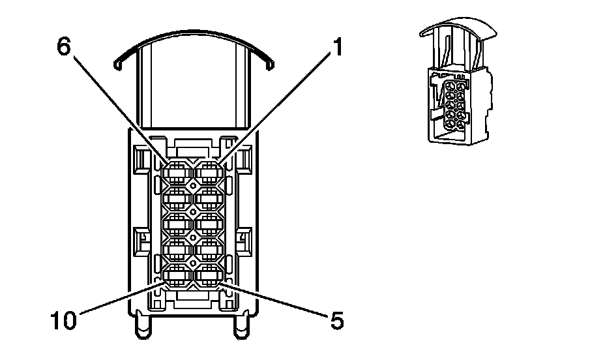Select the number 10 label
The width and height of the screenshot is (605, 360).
(x=65, y=320)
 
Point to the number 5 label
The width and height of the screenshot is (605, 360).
(x=335, y=320)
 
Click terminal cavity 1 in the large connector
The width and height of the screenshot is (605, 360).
(x=209, y=173)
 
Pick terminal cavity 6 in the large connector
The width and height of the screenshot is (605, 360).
(x=176, y=173)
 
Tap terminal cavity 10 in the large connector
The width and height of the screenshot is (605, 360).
(x=176, y=277)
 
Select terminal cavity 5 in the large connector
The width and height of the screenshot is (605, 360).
(x=209, y=277)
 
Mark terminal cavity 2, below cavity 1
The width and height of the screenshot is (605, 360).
(x=209, y=198)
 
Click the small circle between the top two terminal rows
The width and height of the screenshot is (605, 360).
(x=192, y=187)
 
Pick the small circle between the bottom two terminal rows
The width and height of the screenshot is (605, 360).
(x=192, y=263)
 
